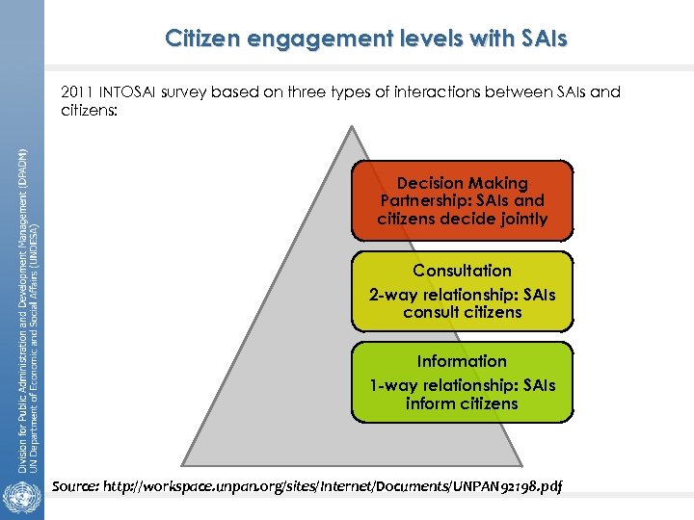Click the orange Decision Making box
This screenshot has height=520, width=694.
point(462,200)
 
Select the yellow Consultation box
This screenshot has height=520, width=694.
point(462,291)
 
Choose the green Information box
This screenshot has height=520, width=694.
point(462,382)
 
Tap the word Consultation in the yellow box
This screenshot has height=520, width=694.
point(462,271)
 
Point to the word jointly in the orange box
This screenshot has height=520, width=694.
point(519,219)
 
